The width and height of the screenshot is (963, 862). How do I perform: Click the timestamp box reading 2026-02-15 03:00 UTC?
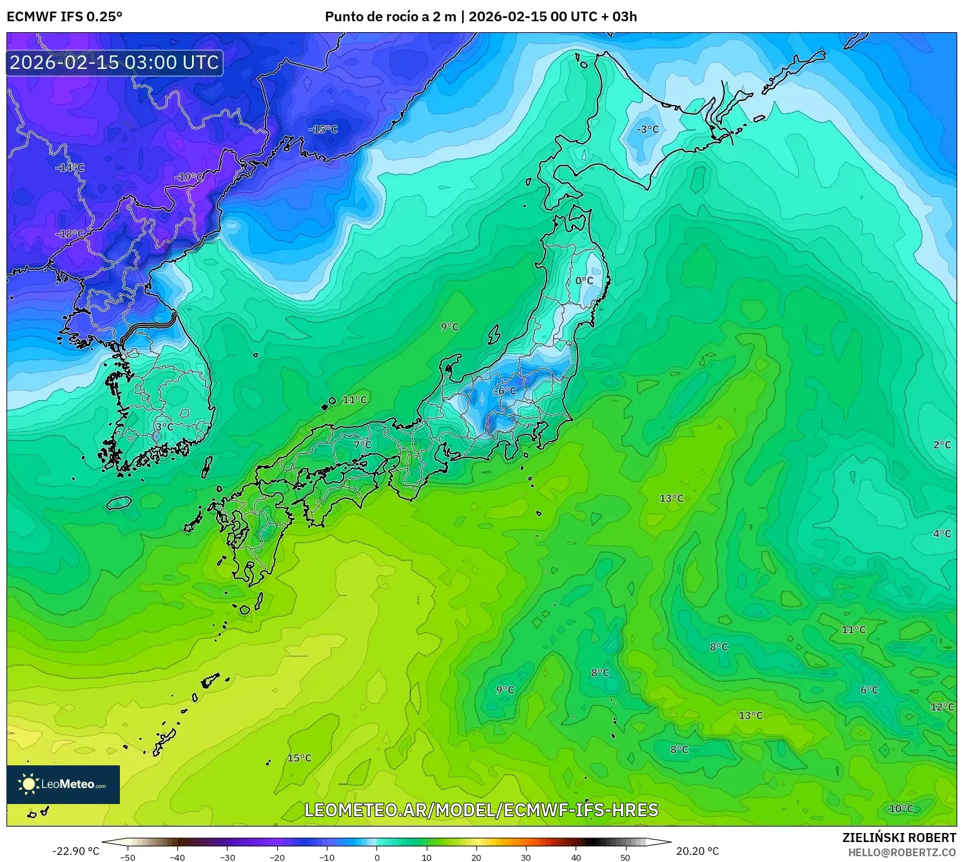point(115,62)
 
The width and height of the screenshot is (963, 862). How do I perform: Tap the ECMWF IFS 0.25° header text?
point(64,17)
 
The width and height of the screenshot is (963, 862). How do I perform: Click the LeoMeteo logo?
point(63,784)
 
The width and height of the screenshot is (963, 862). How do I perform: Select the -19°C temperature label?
point(189,177)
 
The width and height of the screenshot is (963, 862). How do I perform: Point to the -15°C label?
point(323,129)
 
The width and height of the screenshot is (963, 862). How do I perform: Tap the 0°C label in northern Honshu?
point(584,281)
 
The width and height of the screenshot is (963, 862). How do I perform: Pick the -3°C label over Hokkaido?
point(647,129)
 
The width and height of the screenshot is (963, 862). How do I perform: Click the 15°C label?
point(299,758)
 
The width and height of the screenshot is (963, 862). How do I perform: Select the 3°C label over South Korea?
point(164,427)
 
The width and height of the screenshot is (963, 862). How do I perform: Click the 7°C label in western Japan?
point(363,445)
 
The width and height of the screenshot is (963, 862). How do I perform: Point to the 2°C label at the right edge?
point(942,445)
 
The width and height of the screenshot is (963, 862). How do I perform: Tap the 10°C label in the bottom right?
point(901,809)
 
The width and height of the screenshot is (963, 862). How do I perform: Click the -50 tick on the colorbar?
point(128,857)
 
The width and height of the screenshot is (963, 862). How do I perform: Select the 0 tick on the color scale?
point(377,857)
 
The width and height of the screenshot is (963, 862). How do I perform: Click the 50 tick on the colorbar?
point(625,857)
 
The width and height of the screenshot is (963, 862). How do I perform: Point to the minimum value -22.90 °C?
point(75,852)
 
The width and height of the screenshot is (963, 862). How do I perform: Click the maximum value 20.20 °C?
point(697,852)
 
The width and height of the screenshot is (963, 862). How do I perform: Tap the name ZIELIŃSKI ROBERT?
point(899,838)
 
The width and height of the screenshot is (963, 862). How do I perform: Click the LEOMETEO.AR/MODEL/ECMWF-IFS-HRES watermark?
point(481,810)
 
